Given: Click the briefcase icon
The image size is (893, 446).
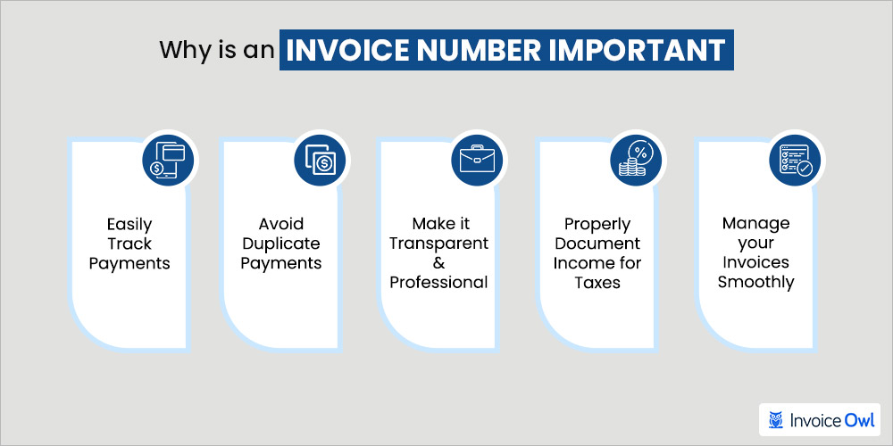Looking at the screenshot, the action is point(477,161).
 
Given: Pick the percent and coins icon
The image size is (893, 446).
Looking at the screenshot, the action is point(636,161).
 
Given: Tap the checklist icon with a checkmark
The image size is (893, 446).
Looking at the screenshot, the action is point(795,160).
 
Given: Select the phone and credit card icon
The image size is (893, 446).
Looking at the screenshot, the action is point(168,161).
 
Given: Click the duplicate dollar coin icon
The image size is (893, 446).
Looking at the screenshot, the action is point(320,161).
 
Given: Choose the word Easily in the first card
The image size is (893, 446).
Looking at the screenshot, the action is point(129,224).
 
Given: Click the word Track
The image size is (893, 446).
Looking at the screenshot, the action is point(129,244).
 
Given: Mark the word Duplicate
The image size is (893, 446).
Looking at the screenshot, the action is point(281,244).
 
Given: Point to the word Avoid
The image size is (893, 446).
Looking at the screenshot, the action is point(281,224).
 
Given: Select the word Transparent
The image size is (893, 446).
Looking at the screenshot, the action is point(439,244).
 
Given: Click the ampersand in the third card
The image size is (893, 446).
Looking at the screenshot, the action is point(439,263).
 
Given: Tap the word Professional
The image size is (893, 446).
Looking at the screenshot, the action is point(439,282).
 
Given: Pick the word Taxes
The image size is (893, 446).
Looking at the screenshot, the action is point(597,282).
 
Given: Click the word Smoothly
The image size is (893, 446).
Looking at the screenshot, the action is point(755,282).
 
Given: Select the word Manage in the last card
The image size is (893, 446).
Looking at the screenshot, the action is point(755,224).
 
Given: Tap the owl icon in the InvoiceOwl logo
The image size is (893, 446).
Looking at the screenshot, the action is point(775,420).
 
